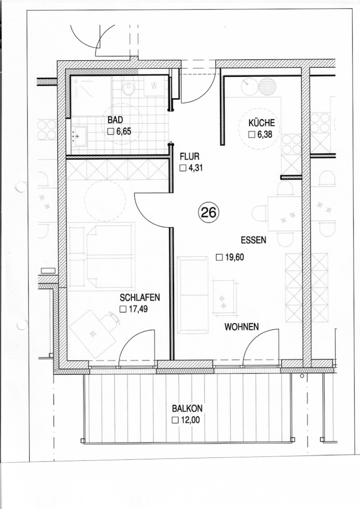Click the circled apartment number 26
coord(209,213)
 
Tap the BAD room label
coord(115,120)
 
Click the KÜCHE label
coord(261,123)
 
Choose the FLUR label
coord(189,157)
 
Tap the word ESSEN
coord(253,240)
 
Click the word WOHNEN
coord(241,327)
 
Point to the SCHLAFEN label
coord(140,297)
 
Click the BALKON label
coord(185,408)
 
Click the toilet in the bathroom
coord(129,87)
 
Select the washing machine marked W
coord(155,86)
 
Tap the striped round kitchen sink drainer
coord(267,86)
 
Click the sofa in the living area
coord(193,295)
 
